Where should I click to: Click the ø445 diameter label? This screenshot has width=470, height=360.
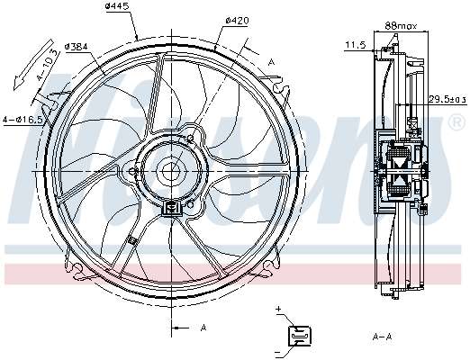point(118,7)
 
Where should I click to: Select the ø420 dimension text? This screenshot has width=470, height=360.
point(237,20)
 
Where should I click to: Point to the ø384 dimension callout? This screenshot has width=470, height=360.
point(78,46)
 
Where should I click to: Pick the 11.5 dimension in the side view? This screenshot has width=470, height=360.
point(355,43)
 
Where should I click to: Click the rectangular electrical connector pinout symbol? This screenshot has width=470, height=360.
point(298,335)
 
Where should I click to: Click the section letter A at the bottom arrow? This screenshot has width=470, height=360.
point(203,327)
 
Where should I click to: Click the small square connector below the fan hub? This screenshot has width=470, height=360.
point(170,208)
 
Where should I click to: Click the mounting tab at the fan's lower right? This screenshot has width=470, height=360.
point(271,267)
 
